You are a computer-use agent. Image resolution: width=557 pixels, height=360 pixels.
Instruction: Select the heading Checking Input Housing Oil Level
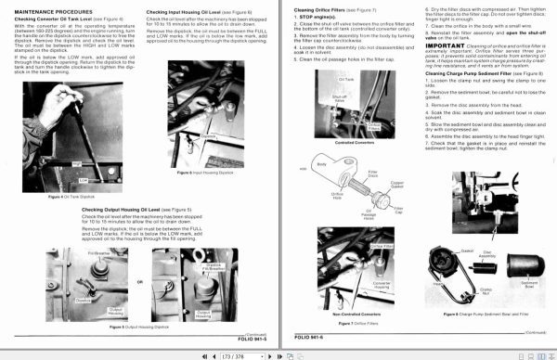tap(189, 11)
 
